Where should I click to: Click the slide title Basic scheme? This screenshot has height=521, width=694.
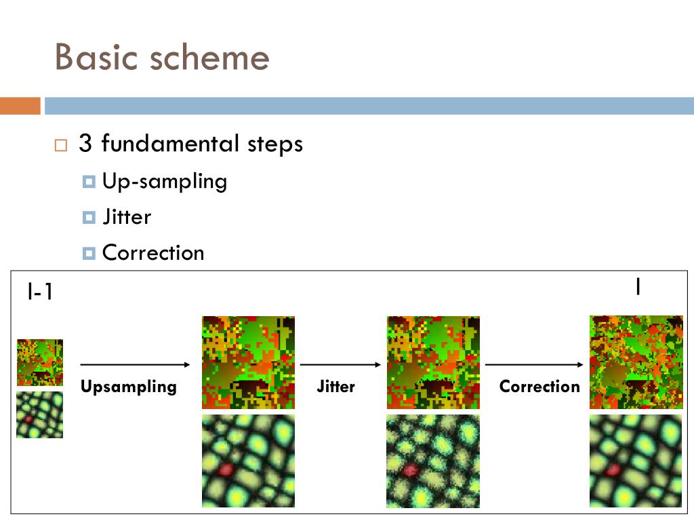[x=162, y=57]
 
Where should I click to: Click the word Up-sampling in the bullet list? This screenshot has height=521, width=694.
[x=165, y=181]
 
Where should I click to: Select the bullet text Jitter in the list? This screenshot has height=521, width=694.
[x=127, y=217]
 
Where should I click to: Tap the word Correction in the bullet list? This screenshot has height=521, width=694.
[x=153, y=253]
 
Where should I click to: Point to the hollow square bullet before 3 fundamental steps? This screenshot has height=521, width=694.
[x=62, y=145]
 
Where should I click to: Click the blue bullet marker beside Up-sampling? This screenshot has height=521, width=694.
[x=89, y=182]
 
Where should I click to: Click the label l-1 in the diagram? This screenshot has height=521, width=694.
[x=40, y=292]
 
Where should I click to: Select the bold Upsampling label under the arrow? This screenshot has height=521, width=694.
[x=129, y=387]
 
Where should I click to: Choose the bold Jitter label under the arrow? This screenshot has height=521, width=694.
[x=335, y=387]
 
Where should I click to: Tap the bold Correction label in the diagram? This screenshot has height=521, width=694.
[x=539, y=387]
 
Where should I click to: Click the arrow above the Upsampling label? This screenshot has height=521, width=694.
[x=136, y=365]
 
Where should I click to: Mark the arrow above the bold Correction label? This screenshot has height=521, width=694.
[x=534, y=365]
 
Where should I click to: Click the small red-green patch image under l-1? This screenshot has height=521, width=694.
[x=40, y=363]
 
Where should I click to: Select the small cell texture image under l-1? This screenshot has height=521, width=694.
[x=40, y=414]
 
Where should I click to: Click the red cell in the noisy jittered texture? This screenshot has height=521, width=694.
[x=409, y=470]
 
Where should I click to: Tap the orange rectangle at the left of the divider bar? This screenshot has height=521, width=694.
[x=20, y=106]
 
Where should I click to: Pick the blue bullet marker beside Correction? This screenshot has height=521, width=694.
[x=89, y=254]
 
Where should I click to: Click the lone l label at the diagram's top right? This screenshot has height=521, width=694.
[x=638, y=288]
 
